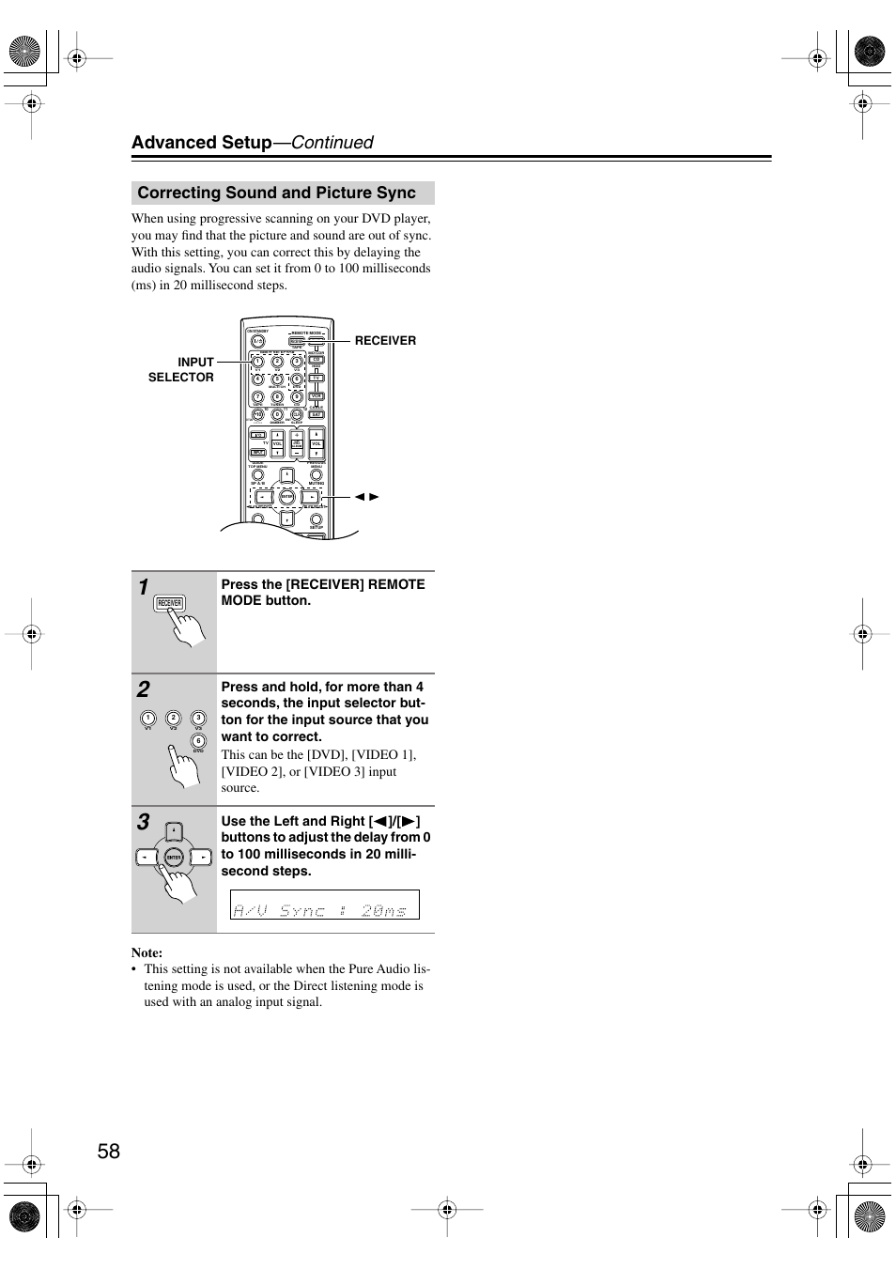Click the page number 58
point(109,1151)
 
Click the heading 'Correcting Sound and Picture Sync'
point(276,193)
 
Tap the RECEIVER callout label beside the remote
point(385,341)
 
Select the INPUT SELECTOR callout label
point(181,369)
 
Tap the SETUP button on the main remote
point(317,519)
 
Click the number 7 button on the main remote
point(258,396)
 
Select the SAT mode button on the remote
point(317,414)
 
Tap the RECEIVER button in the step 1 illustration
point(169,603)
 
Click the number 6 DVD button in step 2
point(198,741)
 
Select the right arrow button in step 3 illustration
point(201,857)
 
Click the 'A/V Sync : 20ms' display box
point(325,905)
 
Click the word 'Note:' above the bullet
point(147,952)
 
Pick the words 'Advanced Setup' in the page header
point(201,143)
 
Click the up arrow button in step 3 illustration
point(174,830)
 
